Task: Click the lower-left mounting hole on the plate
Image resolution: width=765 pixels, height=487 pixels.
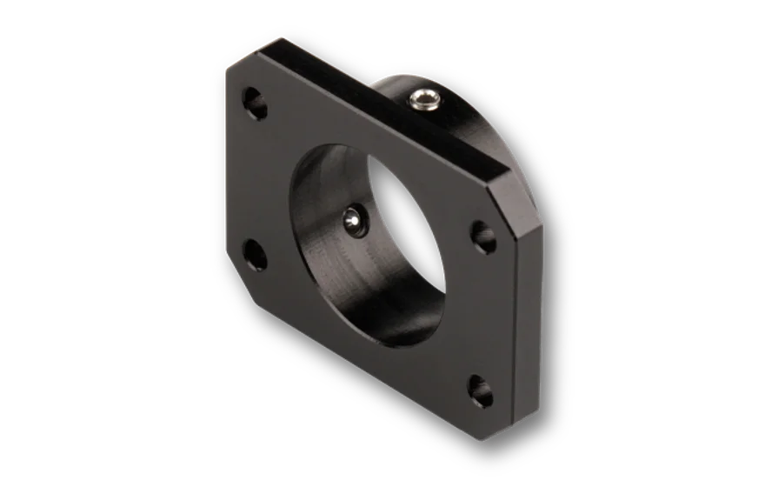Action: tap(254, 252)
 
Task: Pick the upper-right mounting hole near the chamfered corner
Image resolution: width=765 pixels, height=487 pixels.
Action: tap(482, 235)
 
